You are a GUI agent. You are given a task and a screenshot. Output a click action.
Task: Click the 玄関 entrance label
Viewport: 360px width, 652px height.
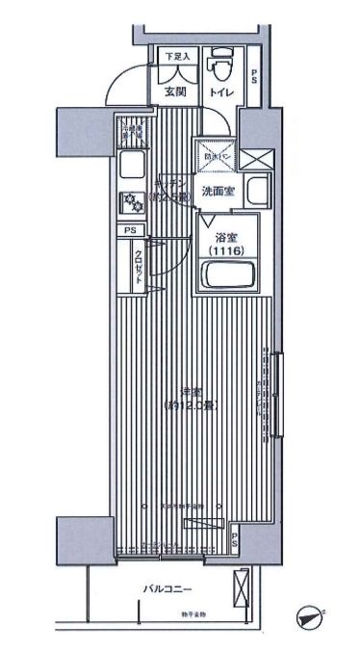(175, 92)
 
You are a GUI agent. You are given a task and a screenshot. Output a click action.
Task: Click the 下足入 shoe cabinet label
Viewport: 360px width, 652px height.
(174, 57)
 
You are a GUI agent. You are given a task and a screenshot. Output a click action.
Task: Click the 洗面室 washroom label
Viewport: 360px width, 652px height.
(219, 192)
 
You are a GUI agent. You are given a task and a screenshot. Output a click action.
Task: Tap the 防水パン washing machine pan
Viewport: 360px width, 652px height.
(212, 152)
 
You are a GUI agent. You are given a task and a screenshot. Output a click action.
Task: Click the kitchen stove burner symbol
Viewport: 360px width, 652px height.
(129, 201)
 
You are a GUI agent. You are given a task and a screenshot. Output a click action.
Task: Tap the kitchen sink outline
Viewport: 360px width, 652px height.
(128, 169)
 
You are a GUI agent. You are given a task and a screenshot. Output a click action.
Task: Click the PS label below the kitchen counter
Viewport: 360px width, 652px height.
(129, 231)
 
